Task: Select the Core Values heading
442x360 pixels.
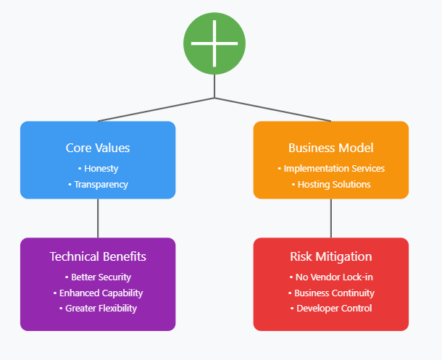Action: (98, 148)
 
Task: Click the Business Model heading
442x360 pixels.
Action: (331, 148)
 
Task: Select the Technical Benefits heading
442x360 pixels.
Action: (98, 256)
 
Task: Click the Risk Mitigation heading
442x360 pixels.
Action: (331, 256)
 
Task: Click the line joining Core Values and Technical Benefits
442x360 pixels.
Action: (98, 218)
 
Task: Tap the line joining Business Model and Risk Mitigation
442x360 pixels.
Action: (331, 218)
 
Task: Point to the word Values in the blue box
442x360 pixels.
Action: (112, 148)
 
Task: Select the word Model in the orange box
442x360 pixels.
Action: (358, 148)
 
